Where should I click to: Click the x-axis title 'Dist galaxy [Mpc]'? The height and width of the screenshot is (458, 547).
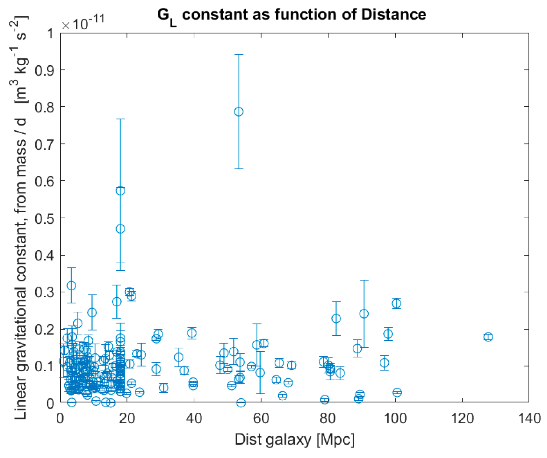[294, 440]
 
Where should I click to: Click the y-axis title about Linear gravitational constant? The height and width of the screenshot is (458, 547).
[21, 217]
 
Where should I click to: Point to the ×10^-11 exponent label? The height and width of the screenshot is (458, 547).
[83, 23]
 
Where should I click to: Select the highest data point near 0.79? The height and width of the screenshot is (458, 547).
[239, 112]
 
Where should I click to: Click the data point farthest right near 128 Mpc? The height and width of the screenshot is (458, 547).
[488, 337]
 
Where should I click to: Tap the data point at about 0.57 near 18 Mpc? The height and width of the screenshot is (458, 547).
[120, 191]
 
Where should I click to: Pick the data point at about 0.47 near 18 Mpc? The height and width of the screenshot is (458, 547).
[120, 229]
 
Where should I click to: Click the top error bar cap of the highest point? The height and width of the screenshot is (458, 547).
[239, 55]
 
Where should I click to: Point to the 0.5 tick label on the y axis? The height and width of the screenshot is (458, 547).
[44, 218]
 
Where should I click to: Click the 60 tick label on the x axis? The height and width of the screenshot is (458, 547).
[261, 418]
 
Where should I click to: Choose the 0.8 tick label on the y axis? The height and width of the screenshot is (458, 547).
[44, 107]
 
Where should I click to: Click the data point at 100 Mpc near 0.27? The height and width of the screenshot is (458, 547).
[396, 303]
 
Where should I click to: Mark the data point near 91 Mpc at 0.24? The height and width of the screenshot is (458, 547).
[364, 314]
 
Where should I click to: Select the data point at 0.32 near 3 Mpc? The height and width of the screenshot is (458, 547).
[71, 286]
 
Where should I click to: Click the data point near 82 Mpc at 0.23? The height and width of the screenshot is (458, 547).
[336, 318]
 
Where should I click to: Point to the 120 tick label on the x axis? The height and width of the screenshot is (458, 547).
[462, 418]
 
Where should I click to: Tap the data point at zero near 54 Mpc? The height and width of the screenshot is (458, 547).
[241, 403]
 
